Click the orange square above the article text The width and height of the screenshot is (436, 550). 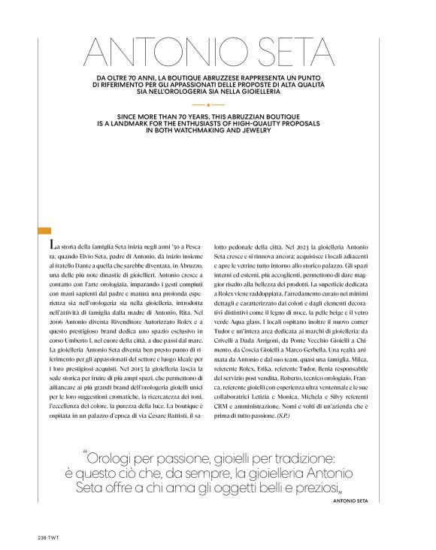(43, 231)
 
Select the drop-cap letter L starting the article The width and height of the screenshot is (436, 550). (50, 246)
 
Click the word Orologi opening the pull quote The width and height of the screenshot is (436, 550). (112, 456)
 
